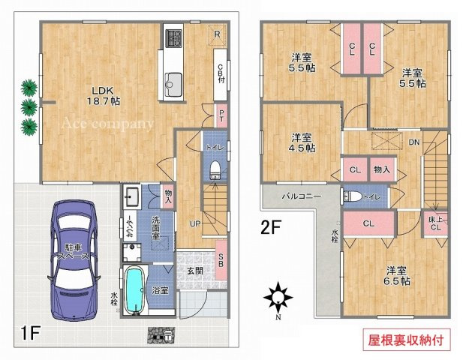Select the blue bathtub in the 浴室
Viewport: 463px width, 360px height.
click(136, 292)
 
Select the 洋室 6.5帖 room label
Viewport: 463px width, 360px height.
click(398, 275)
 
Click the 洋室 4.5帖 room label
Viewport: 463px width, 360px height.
click(303, 142)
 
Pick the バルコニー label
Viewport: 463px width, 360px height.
click(302, 195)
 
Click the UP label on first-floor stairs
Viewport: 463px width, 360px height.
click(194, 223)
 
